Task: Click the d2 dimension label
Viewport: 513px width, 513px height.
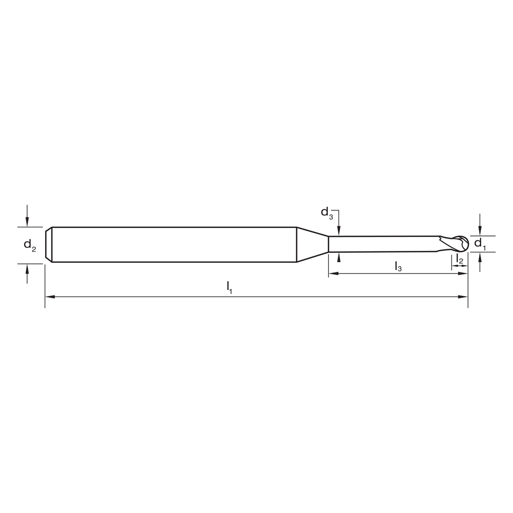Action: pos(30,245)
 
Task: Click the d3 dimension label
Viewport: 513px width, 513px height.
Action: pos(327,212)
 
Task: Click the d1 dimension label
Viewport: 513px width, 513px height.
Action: pos(479,243)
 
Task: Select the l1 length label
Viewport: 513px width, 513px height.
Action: pos(230,288)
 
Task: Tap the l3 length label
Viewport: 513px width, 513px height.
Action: pos(398,266)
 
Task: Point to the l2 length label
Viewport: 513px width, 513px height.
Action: pos(460,260)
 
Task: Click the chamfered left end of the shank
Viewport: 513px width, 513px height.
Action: pos(49,245)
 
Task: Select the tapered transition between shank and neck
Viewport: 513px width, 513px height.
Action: pos(312,244)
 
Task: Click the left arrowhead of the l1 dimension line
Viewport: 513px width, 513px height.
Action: pos(49,297)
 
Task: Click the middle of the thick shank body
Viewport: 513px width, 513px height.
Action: pos(174,245)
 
